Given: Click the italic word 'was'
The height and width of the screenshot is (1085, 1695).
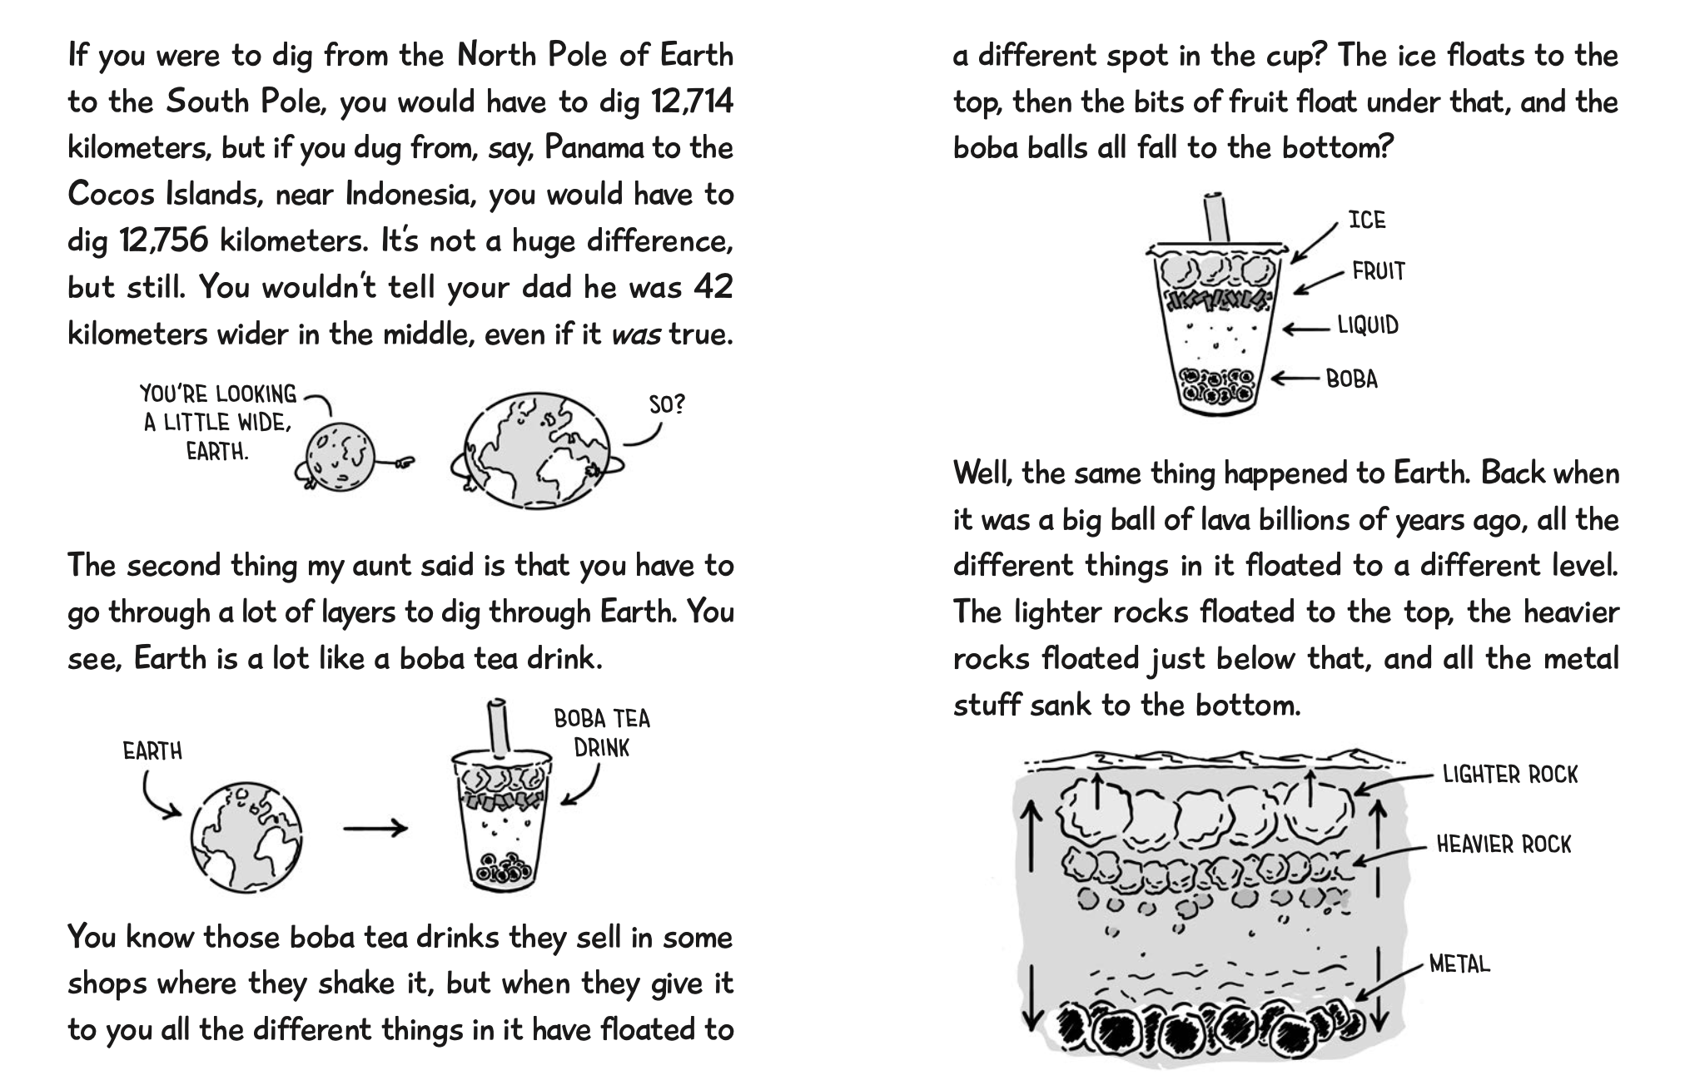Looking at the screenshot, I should click(636, 334).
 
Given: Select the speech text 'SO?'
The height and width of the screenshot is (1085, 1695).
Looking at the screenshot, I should click(667, 405).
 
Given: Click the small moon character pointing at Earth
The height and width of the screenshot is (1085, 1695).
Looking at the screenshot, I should click(334, 456).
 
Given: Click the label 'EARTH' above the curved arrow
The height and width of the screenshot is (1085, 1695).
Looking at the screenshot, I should click(152, 751).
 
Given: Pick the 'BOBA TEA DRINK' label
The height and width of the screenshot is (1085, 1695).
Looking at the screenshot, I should click(602, 732).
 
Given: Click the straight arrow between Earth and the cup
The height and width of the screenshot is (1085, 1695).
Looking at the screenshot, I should click(375, 828).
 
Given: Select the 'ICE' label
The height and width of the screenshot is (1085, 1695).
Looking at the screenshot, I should click(1367, 220).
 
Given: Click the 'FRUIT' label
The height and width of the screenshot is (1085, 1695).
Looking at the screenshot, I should click(1379, 271).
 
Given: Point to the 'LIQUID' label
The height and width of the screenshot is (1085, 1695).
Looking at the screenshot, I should click(1368, 325).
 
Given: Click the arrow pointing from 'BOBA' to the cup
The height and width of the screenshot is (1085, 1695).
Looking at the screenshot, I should click(1295, 379).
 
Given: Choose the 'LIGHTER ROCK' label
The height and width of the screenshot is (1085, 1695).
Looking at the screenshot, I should click(1510, 775).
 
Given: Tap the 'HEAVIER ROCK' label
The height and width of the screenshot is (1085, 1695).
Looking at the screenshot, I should click(1504, 845).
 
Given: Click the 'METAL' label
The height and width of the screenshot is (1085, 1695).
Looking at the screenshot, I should click(1459, 964).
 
